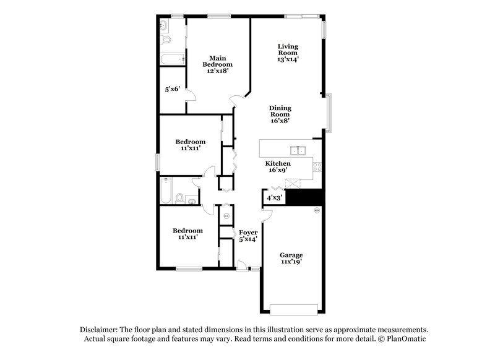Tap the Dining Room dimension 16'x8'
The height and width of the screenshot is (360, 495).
pos(280,121)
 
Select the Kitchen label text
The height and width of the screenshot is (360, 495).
pos(278,163)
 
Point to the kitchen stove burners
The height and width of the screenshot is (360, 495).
pos(317,166)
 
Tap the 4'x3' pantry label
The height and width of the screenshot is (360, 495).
pos(274,198)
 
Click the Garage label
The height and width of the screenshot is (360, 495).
pos(291,255)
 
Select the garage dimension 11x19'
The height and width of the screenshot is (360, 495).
pos(291,262)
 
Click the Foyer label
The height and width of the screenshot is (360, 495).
pos(248,232)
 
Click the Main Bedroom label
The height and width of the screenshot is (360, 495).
pos(220,61)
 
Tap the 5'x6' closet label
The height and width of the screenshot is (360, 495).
pos(172,89)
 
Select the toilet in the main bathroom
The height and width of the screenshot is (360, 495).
pos(166,40)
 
